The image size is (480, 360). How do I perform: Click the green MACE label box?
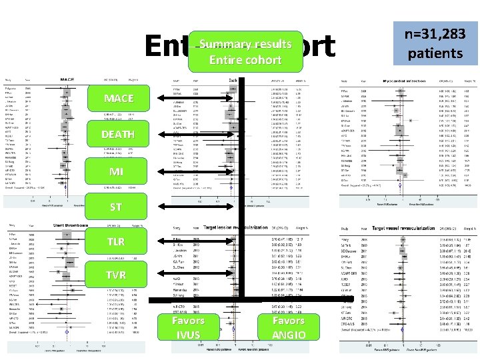[118, 99]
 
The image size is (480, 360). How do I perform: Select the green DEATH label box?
[118, 136]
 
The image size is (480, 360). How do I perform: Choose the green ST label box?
[117, 207]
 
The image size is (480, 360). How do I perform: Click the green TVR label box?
[117, 275]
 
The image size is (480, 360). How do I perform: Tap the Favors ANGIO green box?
[289, 327]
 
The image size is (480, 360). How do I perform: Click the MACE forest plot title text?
[67, 79]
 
